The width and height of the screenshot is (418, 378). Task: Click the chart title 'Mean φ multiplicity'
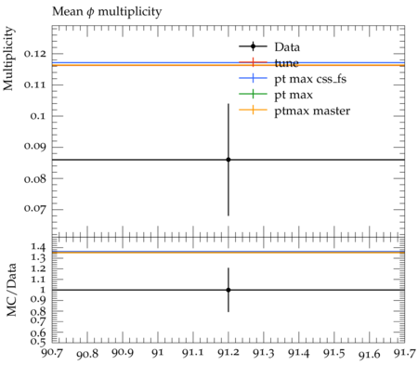click(x=107, y=12)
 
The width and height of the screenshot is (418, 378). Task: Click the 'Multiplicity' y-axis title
click(x=8, y=59)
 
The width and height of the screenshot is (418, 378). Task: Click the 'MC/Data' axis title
click(x=11, y=290)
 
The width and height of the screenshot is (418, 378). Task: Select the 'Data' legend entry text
click(x=287, y=47)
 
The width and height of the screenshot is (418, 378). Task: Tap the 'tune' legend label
click(x=286, y=63)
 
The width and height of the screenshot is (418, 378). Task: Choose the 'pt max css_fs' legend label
click(x=310, y=79)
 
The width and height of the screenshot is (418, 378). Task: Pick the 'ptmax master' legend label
click(x=312, y=111)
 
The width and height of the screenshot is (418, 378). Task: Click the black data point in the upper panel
click(x=229, y=160)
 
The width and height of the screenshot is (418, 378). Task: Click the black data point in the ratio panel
click(x=229, y=290)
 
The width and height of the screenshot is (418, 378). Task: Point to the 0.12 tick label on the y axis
click(x=34, y=54)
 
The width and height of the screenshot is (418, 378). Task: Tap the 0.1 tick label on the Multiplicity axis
click(x=37, y=116)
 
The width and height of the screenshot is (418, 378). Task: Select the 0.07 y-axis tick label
click(x=34, y=209)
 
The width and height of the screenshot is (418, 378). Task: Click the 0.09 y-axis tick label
click(x=34, y=146)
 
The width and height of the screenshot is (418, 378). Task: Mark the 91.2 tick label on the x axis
click(x=229, y=353)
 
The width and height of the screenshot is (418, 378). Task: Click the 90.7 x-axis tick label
click(x=52, y=352)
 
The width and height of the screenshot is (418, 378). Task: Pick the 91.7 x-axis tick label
click(x=404, y=353)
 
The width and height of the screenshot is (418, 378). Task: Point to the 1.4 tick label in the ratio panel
click(x=38, y=247)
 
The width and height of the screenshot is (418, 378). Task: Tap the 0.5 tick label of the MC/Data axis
click(x=38, y=341)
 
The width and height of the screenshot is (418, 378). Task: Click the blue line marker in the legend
click(x=253, y=78)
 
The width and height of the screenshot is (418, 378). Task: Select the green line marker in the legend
click(x=253, y=94)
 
